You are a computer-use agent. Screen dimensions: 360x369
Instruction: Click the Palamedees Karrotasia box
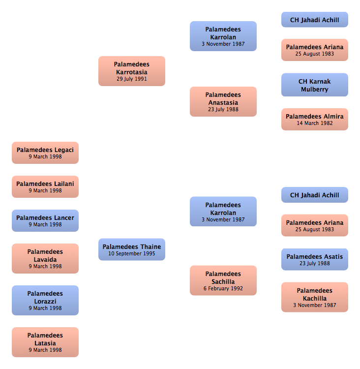132,71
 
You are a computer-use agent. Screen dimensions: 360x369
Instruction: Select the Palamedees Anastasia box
223,101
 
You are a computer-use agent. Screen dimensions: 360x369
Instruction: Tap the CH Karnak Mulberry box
315,85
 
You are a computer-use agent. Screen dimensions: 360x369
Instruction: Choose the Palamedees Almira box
315,120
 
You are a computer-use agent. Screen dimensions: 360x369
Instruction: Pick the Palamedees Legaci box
45,153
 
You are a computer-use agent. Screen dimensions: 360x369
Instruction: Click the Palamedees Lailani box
45,186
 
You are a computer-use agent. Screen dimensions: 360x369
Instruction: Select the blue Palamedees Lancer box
45,220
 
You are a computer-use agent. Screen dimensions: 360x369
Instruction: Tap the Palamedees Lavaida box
45,258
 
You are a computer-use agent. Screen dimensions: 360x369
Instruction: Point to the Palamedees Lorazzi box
45,300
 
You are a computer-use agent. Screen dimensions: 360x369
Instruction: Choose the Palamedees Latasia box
45,342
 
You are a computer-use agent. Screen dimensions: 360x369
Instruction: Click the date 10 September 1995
132,253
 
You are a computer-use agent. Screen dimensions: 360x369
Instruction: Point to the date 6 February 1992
223,288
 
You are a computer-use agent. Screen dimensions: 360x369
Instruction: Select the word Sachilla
223,282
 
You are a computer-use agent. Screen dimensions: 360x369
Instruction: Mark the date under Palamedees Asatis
315,263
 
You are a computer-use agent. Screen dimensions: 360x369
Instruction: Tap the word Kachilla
315,299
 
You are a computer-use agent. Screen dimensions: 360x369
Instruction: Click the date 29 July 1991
132,79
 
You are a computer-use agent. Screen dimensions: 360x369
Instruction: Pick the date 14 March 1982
315,123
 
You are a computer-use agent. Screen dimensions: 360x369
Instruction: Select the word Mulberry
315,90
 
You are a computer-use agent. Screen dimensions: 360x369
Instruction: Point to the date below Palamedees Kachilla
315,305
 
